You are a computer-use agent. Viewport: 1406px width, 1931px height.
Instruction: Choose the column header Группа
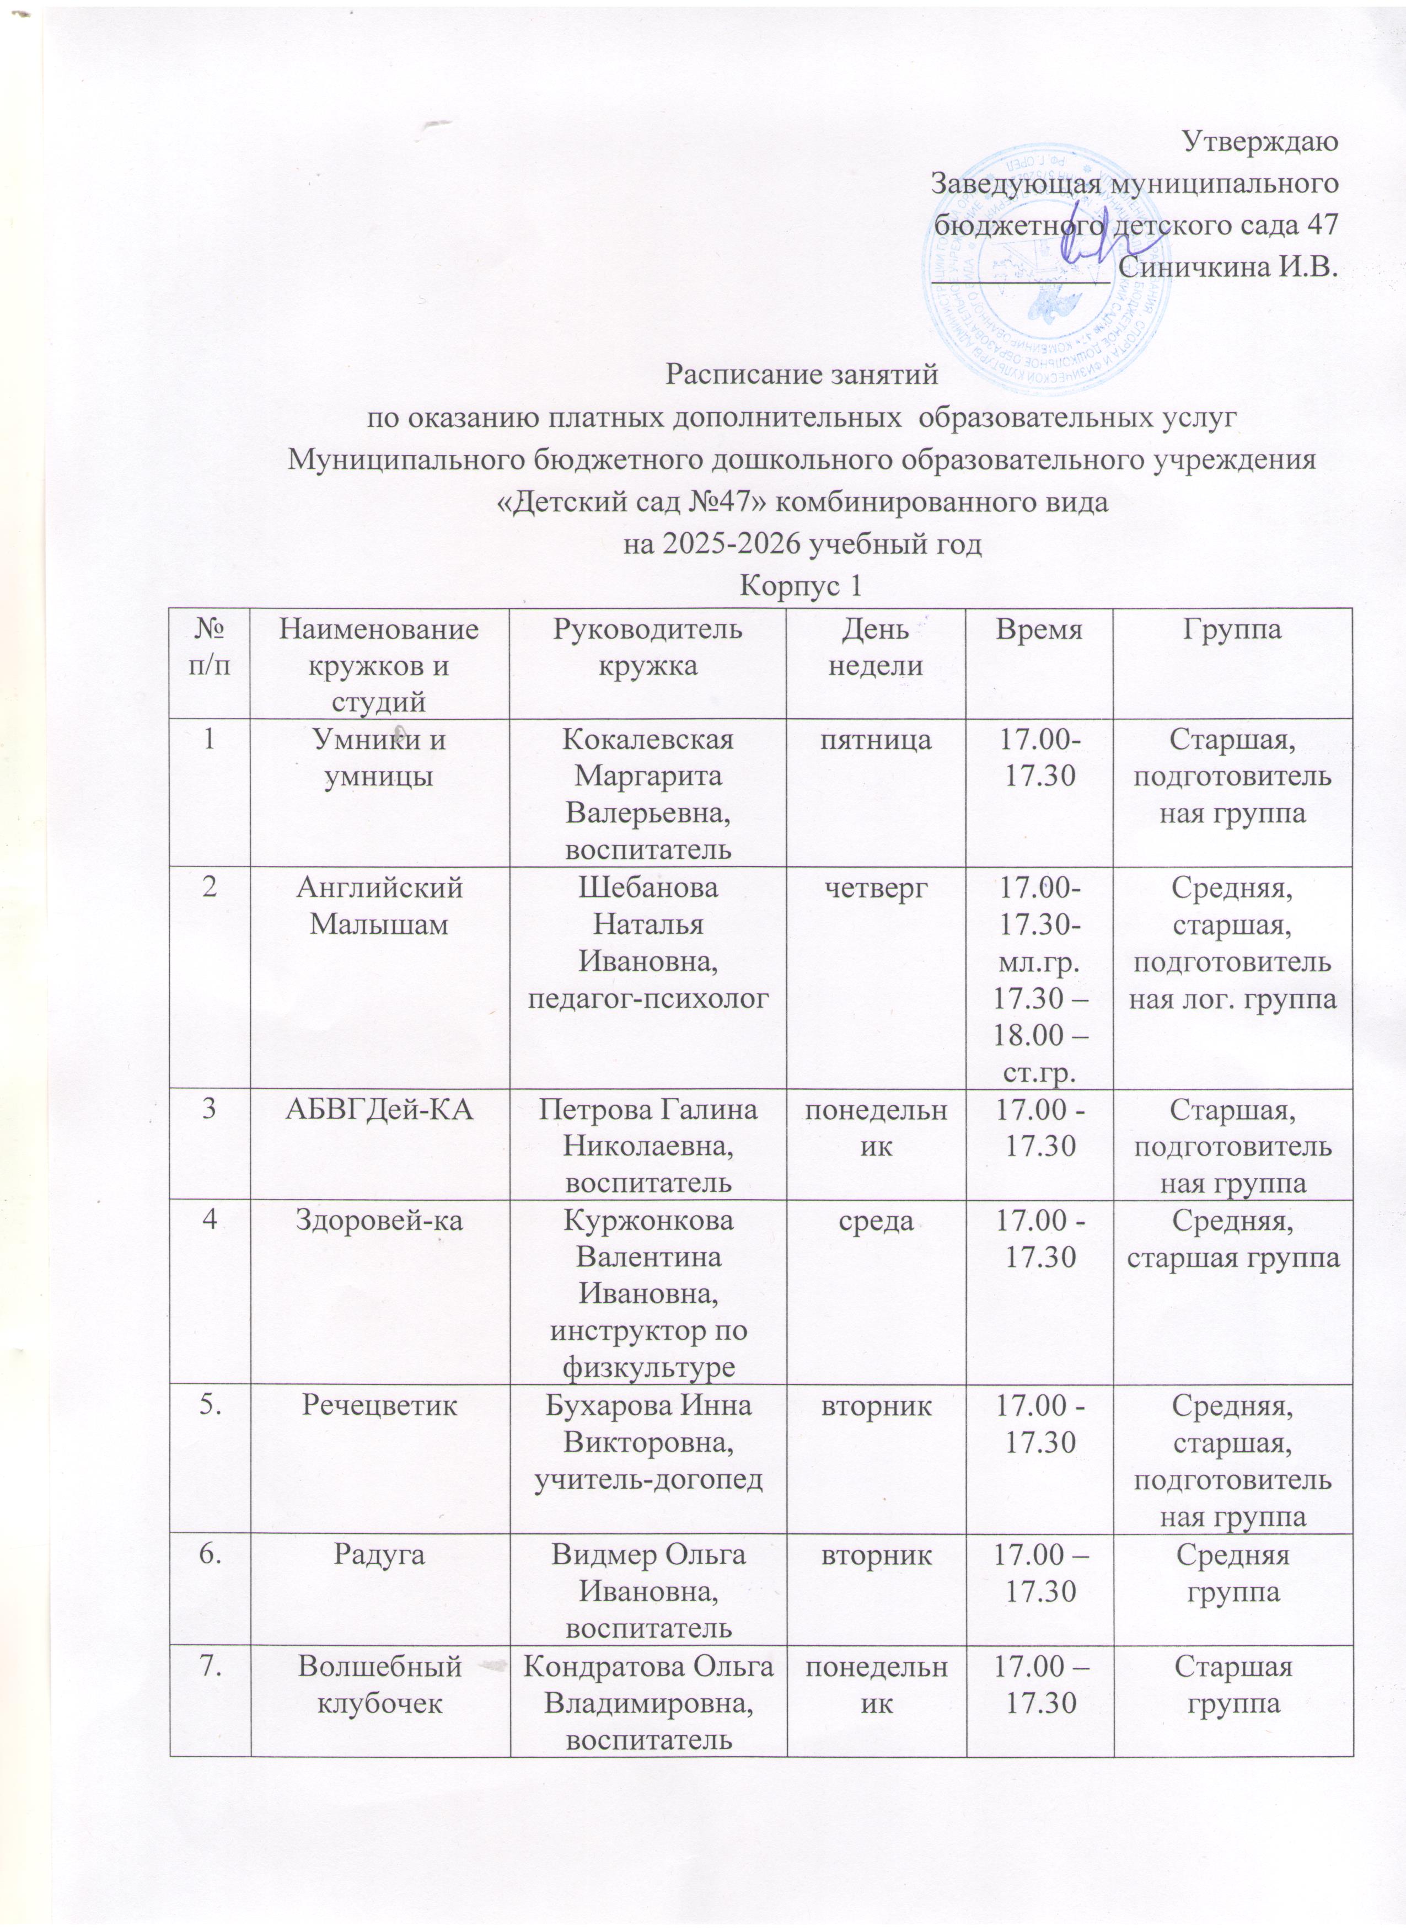click(x=1232, y=631)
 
